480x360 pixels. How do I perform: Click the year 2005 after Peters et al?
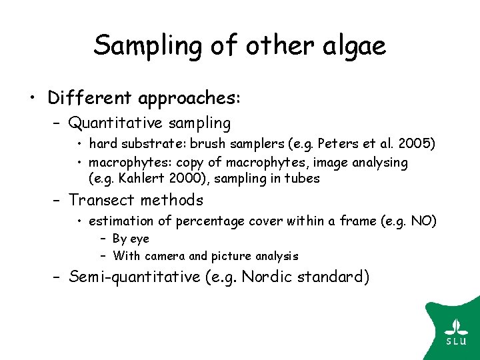coord(421,144)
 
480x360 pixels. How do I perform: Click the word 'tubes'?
coord(304,178)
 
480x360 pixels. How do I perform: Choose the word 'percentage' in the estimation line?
coord(190,221)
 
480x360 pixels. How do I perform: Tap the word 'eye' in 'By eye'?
coord(140,239)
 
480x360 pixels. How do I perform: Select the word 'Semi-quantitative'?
coord(135,277)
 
